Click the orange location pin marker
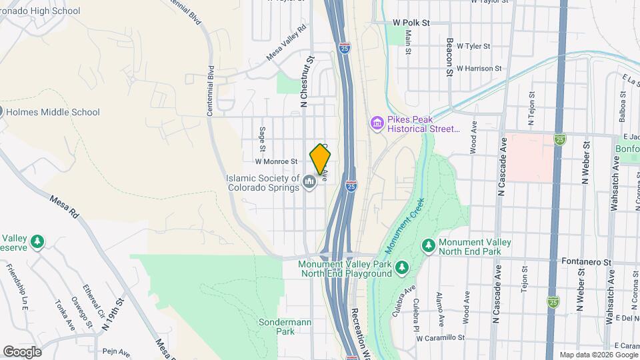[320, 160]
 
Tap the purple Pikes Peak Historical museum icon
[377, 124]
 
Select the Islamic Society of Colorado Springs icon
[309, 181]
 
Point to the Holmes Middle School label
[53, 113]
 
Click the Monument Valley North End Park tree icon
[428, 246]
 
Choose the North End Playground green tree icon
[401, 268]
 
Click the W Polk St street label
[411, 23]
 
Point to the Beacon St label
[450, 56]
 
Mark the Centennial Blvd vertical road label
[211, 91]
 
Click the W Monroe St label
[275, 161]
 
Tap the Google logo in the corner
[22, 351]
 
